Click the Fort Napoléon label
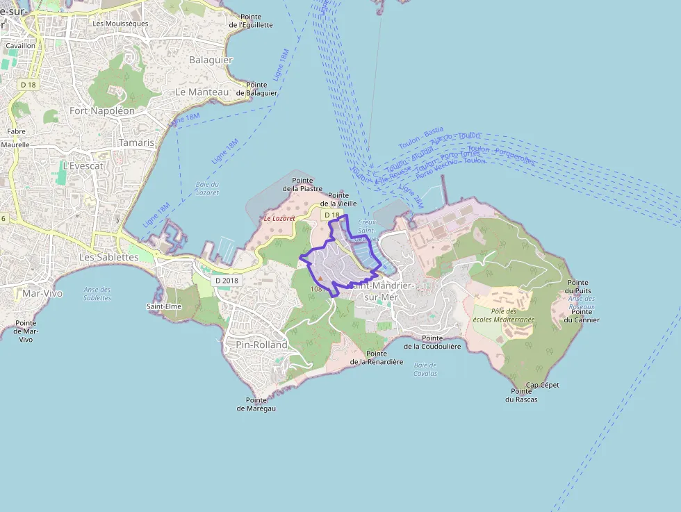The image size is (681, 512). coord(102,110)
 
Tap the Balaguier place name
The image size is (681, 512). coord(211,60)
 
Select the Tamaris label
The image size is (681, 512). coord(136,142)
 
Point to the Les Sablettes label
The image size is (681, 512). coord(108,257)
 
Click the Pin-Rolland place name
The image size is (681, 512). coord(261,345)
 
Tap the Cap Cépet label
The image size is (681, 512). coord(543,385)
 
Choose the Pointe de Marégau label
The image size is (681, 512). coord(256,404)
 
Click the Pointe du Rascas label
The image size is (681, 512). coord(521,395)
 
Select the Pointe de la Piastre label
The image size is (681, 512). coord(302,184)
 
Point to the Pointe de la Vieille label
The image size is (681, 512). coord(343,199)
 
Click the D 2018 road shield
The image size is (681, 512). coord(227,280)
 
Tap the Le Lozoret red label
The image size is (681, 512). coord(279,218)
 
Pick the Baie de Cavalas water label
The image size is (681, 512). coord(425,369)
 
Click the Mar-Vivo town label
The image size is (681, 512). coord(42,293)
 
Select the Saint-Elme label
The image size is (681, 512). coord(164,306)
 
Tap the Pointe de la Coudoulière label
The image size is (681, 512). coord(432,342)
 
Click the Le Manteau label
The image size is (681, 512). coord(202,92)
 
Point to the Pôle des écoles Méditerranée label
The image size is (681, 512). coord(513,315)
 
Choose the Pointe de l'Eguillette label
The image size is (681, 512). coord(251,21)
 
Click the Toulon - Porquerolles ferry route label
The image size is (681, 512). coord(501,154)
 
